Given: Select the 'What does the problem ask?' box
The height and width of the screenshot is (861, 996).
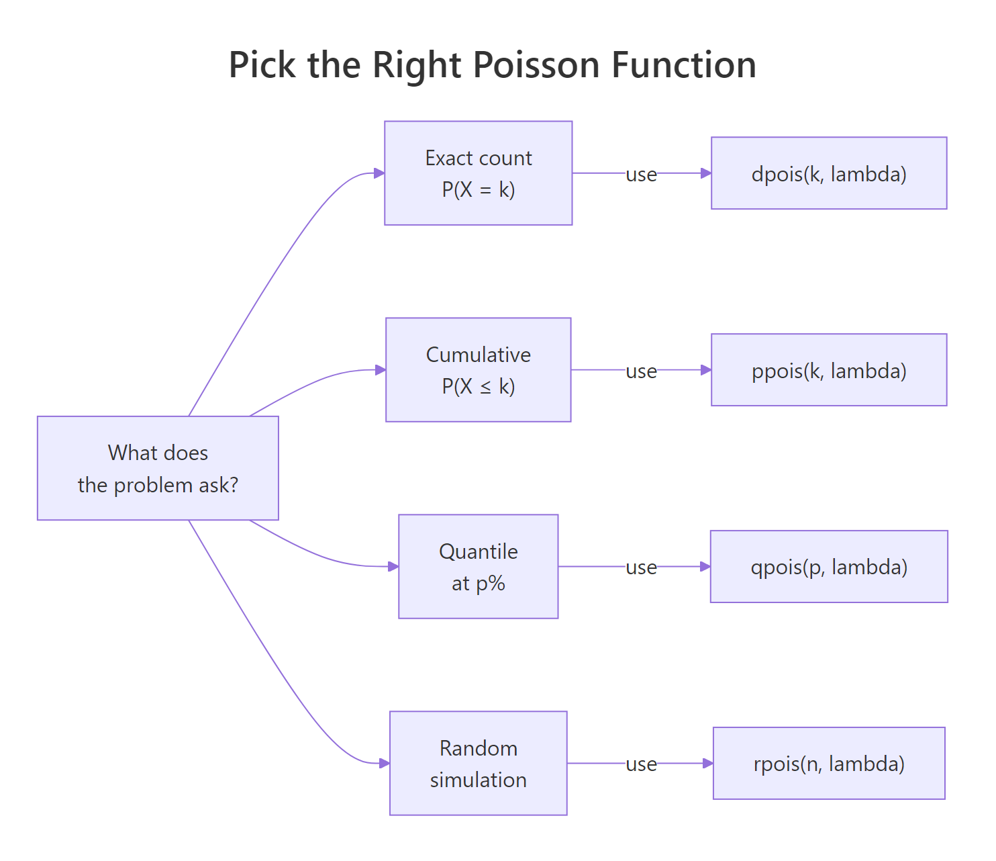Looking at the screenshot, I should (158, 468).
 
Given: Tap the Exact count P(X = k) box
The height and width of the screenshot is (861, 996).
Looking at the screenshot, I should (478, 173).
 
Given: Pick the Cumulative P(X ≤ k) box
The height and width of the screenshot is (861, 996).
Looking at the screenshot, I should (478, 370).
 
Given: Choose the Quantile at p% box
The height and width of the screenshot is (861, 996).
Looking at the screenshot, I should (478, 566).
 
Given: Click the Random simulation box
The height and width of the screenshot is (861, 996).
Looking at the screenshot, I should (478, 763).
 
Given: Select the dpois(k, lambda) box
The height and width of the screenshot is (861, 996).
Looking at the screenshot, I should (829, 173).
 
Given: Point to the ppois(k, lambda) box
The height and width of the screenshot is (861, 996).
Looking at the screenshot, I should (829, 370).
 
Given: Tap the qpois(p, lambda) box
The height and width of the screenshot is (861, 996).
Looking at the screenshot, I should (829, 566).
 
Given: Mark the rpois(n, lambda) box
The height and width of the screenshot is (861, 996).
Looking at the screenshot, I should (829, 763).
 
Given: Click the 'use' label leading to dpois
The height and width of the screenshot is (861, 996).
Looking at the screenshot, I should (641, 174).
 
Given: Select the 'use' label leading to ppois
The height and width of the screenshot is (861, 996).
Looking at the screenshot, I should (641, 371).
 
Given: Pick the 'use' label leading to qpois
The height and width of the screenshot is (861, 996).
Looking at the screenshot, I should (641, 567).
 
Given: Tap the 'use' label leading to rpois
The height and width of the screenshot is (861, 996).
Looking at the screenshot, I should (641, 764).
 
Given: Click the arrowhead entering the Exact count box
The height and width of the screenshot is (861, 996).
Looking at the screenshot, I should (379, 173).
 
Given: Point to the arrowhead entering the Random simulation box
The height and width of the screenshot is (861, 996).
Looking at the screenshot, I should (385, 763).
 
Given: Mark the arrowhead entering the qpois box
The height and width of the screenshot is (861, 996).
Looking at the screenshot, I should (705, 566).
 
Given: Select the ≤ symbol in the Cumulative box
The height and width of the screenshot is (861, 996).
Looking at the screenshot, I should (485, 387).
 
